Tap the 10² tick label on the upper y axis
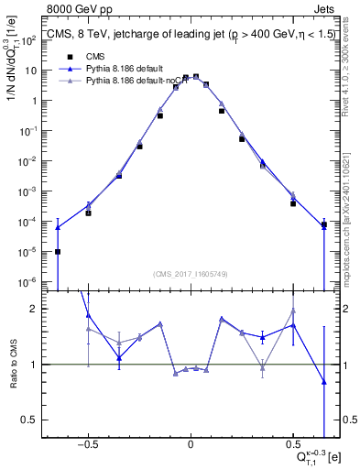(29, 40)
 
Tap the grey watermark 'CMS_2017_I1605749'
(190, 274)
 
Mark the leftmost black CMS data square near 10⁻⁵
(58, 252)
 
